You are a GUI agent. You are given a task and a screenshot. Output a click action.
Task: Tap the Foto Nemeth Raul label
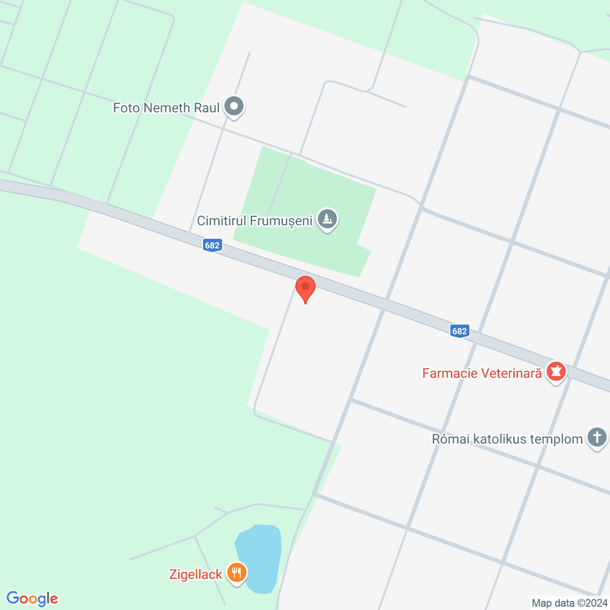pos(166,108)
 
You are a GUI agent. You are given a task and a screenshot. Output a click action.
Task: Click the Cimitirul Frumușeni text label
pos(254,221)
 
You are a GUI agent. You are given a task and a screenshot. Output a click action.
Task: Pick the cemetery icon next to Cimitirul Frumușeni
pos(327,219)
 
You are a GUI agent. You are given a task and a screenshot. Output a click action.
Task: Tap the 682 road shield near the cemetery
pos(212,245)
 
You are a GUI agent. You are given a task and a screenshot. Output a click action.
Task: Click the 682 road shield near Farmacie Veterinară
pos(459,331)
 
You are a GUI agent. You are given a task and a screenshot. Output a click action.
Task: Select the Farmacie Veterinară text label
pos(482,373)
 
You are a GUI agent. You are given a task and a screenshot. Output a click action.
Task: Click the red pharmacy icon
pos(556,371)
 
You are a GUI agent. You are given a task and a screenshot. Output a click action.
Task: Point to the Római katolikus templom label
pos(507,439)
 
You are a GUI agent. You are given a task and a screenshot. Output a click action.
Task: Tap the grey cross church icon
pos(597,437)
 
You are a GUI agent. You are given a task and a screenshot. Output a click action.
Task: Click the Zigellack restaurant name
pos(195,575)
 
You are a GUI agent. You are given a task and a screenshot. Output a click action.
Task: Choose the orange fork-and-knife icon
pos(236,572)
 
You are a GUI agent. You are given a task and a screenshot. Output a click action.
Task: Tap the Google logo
pos(32,599)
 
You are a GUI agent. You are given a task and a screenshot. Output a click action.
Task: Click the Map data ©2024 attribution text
pos(569,603)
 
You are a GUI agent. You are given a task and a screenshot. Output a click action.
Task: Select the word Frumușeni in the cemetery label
pos(281,221)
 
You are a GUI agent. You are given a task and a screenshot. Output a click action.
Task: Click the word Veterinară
pos(511,373)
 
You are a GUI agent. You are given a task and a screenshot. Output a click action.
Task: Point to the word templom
pos(553,439)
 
